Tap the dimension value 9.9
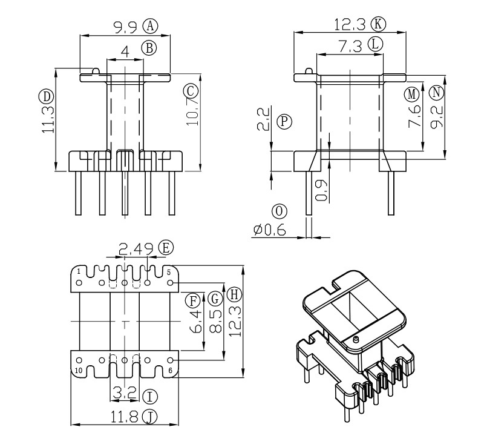[126, 26]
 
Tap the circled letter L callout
[376, 44]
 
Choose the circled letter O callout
[278, 211]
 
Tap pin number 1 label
[79, 272]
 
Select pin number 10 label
[79, 370]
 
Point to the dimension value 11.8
[125, 416]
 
